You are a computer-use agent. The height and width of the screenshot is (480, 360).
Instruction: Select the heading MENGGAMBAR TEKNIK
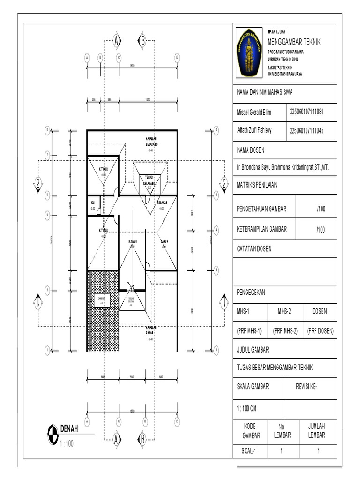pos(294,42)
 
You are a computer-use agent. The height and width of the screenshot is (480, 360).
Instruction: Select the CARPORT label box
pos(101,299)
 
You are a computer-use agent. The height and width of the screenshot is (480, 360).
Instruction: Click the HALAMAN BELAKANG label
pos(150,142)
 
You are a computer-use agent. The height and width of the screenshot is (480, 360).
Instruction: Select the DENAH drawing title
pos(69,428)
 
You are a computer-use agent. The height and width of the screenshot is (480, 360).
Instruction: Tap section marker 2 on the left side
pos(37,183)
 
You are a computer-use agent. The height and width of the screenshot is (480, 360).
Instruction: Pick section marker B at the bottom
pos(141,439)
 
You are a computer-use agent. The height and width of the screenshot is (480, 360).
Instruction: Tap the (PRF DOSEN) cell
pos(320,330)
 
